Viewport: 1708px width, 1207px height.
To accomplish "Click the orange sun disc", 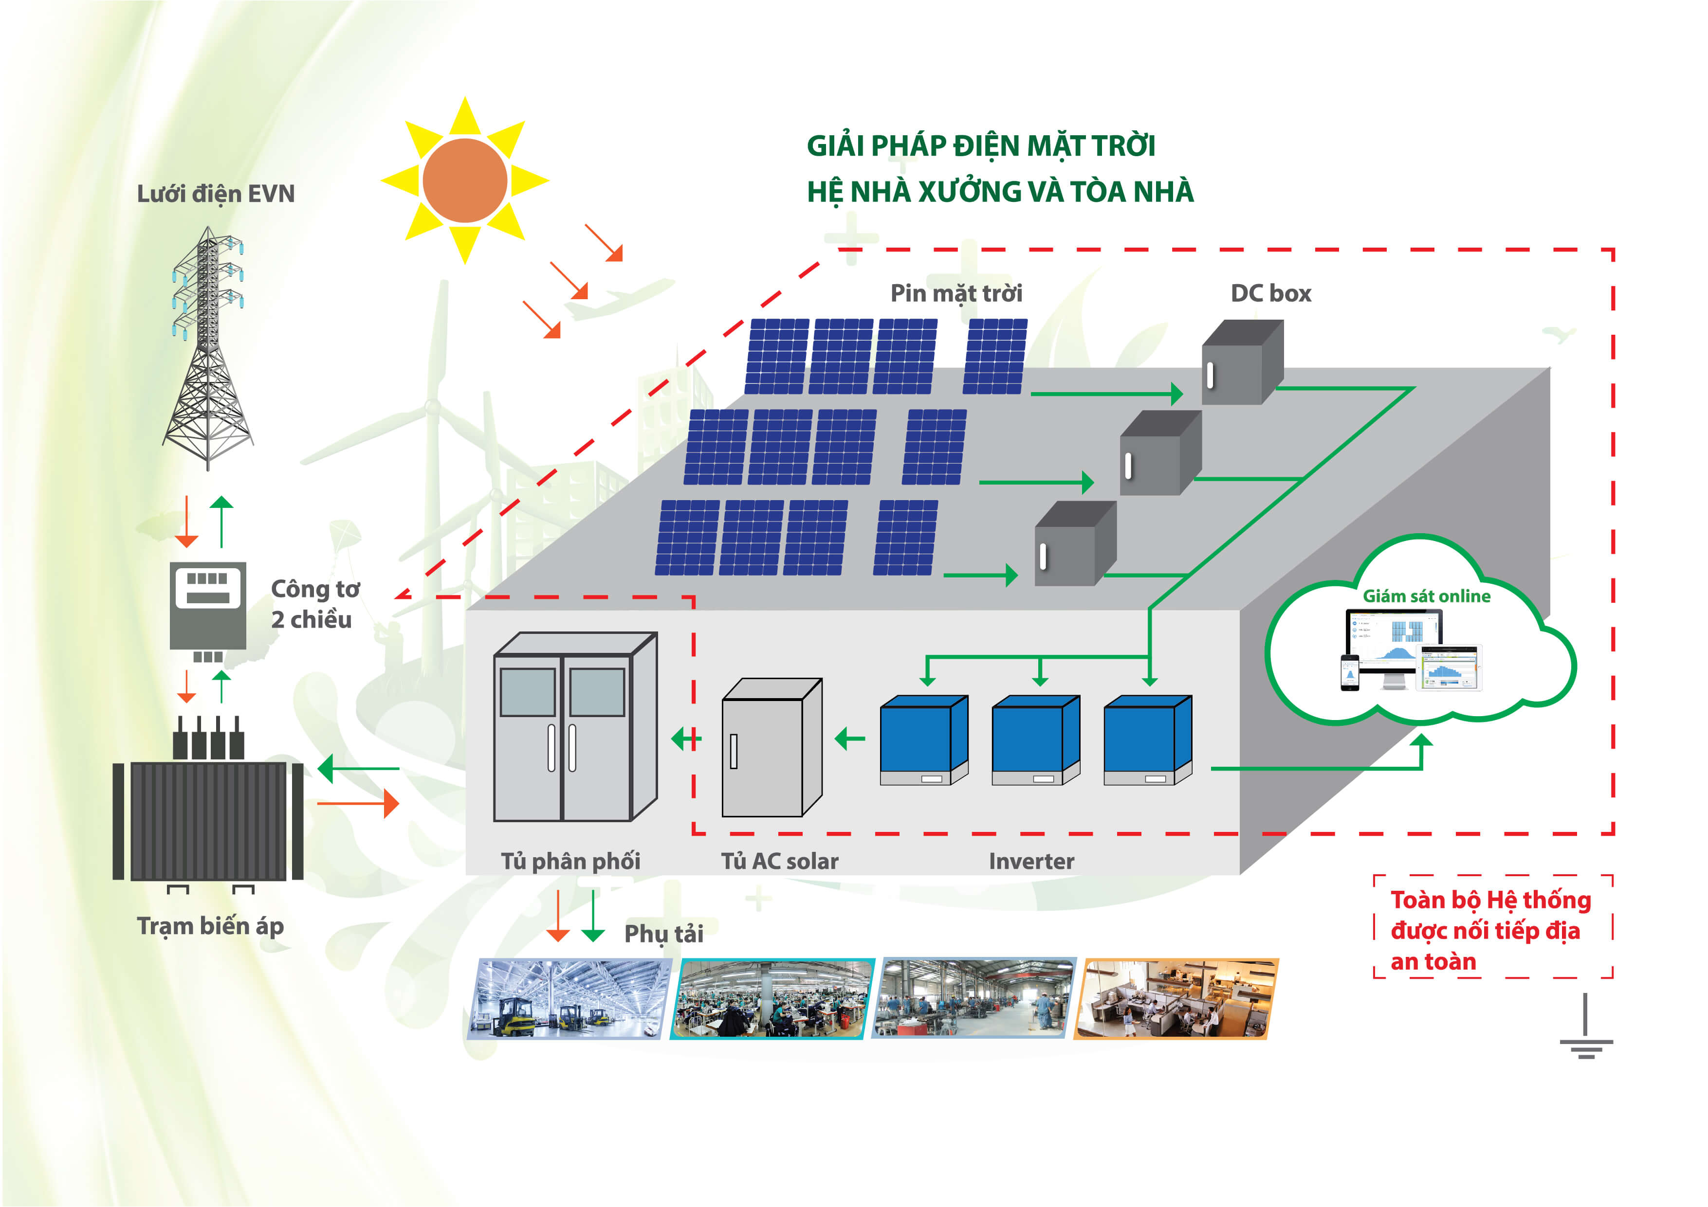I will [x=464, y=180].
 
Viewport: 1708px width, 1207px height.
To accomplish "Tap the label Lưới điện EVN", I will [x=216, y=194].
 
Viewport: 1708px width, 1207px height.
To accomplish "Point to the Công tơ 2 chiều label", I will [x=314, y=604].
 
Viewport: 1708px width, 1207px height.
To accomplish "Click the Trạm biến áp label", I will [x=211, y=926].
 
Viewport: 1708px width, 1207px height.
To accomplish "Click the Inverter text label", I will [x=1031, y=861].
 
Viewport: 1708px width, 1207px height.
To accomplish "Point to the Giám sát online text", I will [x=1426, y=595].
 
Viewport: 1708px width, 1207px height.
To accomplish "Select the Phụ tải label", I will [x=663, y=933].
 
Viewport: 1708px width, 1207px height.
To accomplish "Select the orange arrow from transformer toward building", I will [x=358, y=804].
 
